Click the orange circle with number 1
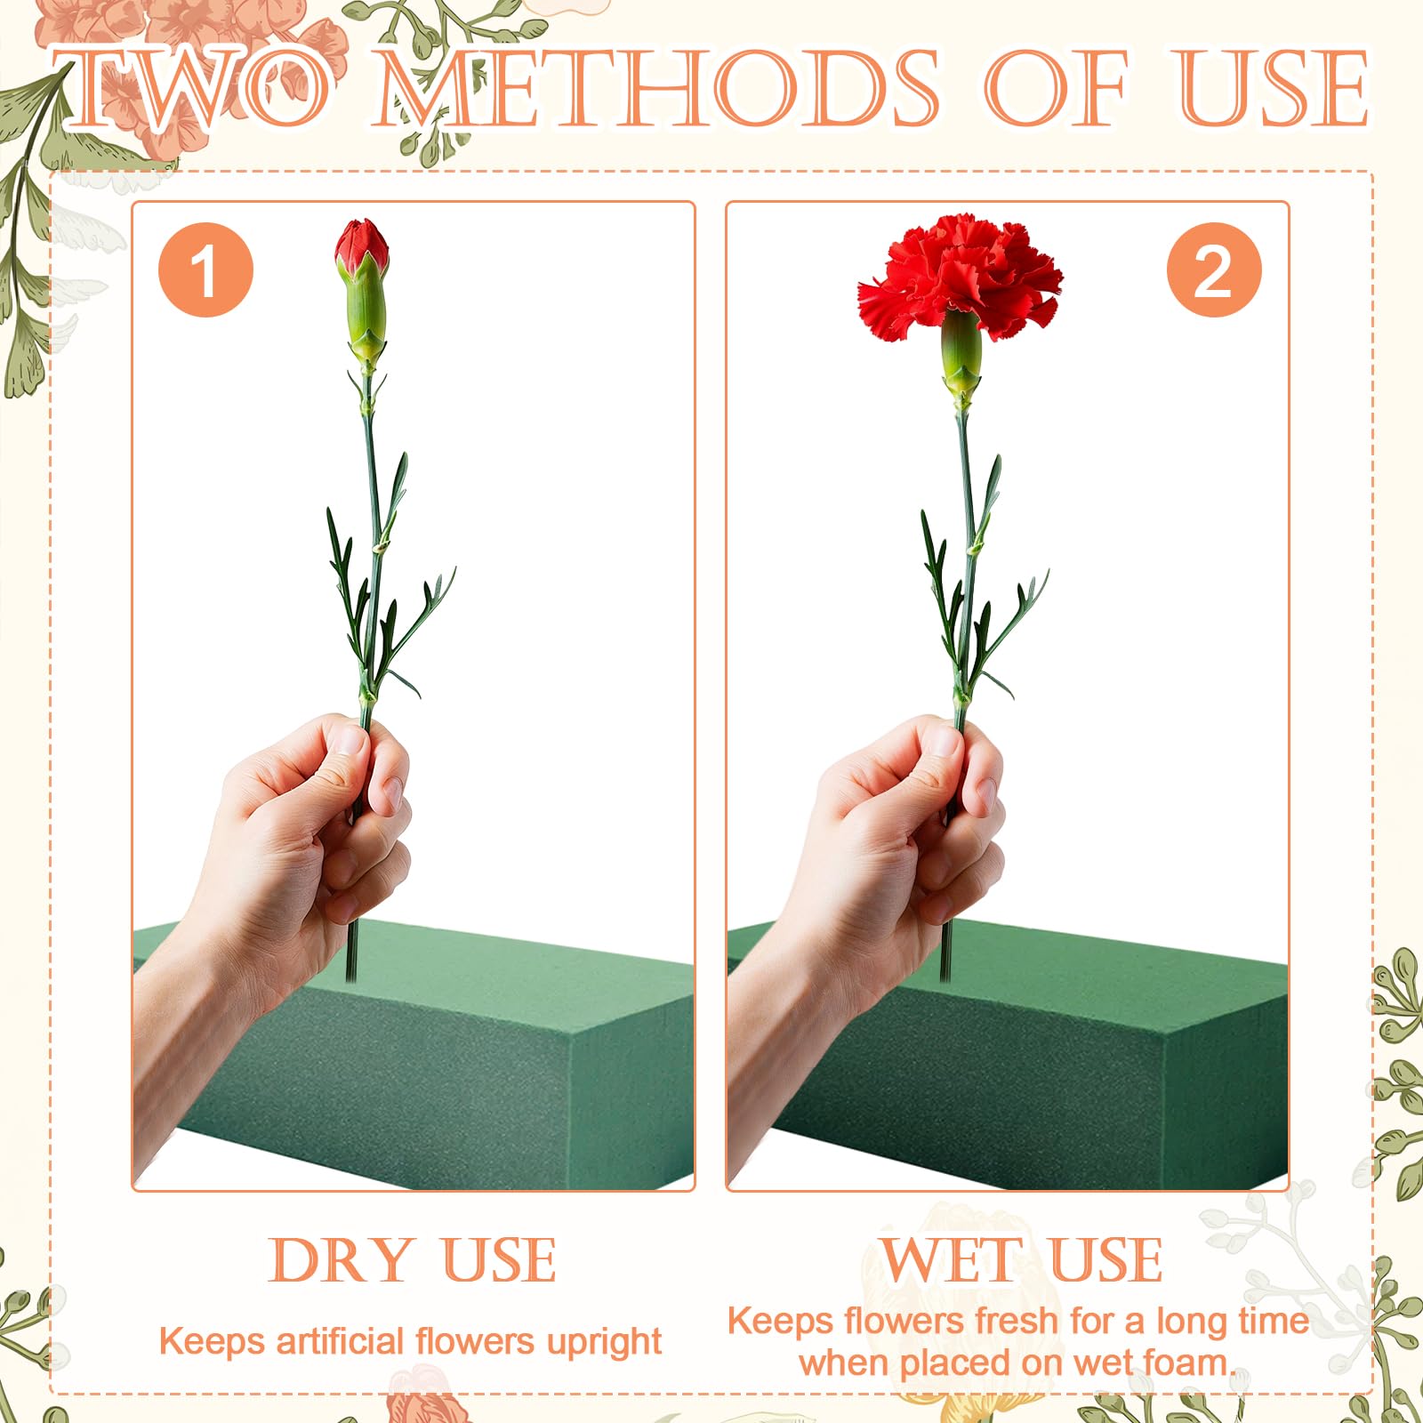[x=205, y=270]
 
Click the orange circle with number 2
[x=1214, y=270]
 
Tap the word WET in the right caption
[x=951, y=1260]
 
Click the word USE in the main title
[x=1274, y=89]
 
